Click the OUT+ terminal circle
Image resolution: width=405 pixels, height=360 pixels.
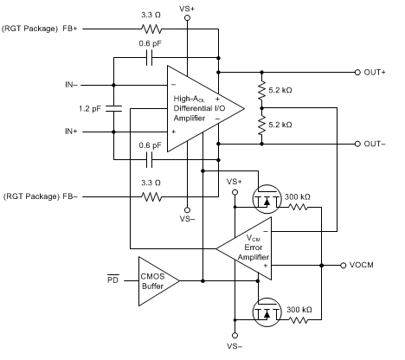click(x=357, y=73)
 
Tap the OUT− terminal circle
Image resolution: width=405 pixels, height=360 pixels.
click(x=357, y=144)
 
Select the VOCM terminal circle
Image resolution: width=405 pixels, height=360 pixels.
click(x=343, y=266)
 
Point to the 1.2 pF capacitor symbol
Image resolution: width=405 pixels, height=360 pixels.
click(x=113, y=109)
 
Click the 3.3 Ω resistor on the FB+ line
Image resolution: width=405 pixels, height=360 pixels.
click(x=151, y=29)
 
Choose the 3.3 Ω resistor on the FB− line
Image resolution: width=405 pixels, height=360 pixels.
click(x=151, y=197)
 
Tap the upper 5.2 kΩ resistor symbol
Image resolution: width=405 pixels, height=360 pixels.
click(x=261, y=90)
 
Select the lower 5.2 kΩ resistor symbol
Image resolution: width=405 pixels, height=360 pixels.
click(x=261, y=125)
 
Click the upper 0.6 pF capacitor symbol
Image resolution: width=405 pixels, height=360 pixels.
click(x=150, y=58)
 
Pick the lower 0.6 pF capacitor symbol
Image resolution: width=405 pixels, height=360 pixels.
click(x=150, y=159)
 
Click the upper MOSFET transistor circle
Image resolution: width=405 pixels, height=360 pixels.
click(x=267, y=199)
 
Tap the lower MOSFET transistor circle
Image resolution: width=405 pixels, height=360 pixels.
click(x=267, y=312)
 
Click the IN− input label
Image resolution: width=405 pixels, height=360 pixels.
click(x=71, y=85)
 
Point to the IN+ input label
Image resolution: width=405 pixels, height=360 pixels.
click(x=71, y=132)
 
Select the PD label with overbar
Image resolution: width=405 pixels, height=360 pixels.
click(x=113, y=280)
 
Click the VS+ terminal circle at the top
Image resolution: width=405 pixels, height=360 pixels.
click(x=187, y=18)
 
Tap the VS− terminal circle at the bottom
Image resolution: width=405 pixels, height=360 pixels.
click(x=235, y=336)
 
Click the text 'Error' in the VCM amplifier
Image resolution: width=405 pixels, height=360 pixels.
click(x=254, y=247)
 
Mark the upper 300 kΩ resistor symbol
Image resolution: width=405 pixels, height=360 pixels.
click(x=298, y=207)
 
